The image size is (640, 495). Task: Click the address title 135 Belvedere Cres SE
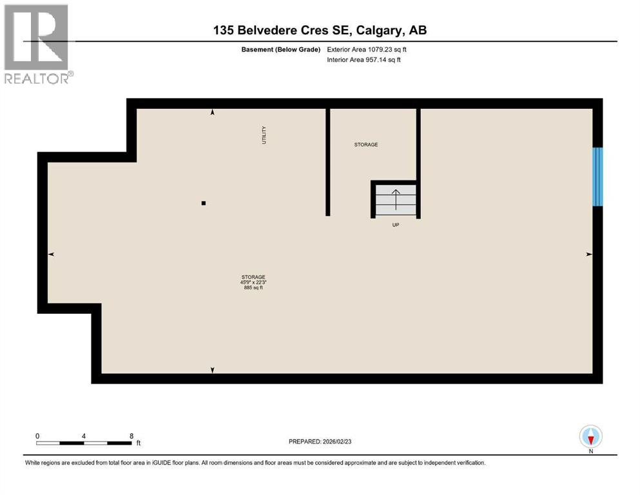click(320, 30)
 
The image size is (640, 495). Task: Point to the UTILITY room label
click(264, 135)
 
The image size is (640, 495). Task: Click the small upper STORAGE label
click(366, 144)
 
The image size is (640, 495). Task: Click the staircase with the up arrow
click(395, 200)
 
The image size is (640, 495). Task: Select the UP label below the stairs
click(396, 226)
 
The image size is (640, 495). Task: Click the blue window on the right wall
click(597, 177)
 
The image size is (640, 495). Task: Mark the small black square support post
click(204, 203)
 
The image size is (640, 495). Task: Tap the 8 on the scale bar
click(131, 435)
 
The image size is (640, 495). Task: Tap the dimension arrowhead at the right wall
click(588, 255)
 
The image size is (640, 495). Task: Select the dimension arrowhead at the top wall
click(213, 113)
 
